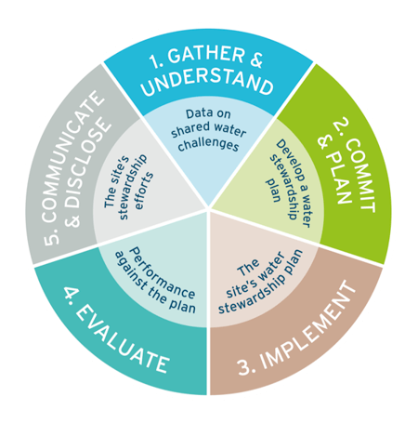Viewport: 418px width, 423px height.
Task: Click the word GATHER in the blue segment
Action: (x=206, y=56)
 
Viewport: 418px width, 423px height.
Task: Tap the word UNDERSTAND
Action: (x=207, y=82)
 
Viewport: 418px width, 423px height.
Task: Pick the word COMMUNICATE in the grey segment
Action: (x=72, y=156)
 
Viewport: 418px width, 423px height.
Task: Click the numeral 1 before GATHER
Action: (x=155, y=61)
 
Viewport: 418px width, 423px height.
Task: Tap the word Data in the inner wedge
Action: (x=196, y=114)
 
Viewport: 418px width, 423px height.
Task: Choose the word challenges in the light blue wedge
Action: (x=208, y=144)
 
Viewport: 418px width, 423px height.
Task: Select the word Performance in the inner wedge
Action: (x=162, y=273)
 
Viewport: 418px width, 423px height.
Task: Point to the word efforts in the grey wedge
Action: (x=143, y=192)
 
